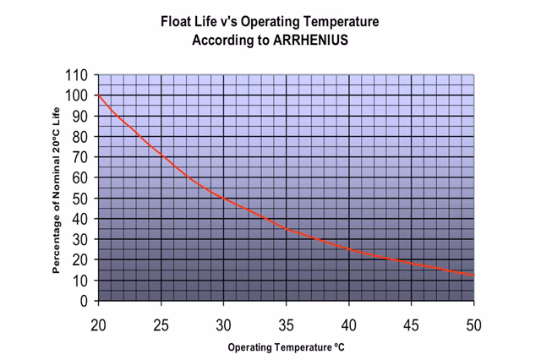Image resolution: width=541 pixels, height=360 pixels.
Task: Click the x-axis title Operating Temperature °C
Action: [285, 346]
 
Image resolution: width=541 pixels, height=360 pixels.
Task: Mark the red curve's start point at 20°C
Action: [99, 95]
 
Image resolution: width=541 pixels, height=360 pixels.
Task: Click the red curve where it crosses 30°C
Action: [224, 198]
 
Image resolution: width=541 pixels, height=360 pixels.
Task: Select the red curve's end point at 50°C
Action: [473, 275]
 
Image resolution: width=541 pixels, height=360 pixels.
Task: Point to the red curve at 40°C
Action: [349, 249]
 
